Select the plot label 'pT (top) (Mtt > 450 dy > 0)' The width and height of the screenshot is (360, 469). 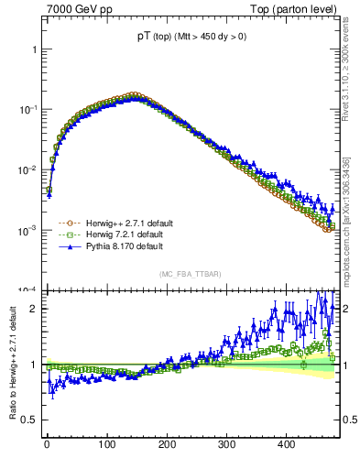192,36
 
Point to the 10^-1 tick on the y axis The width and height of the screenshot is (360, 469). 28,109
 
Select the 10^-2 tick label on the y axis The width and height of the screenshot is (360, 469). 28,169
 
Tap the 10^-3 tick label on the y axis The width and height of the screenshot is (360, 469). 28,230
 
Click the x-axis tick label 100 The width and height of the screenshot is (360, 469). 106,444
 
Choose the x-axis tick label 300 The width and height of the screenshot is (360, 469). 226,444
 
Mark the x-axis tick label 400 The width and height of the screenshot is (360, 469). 286,444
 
